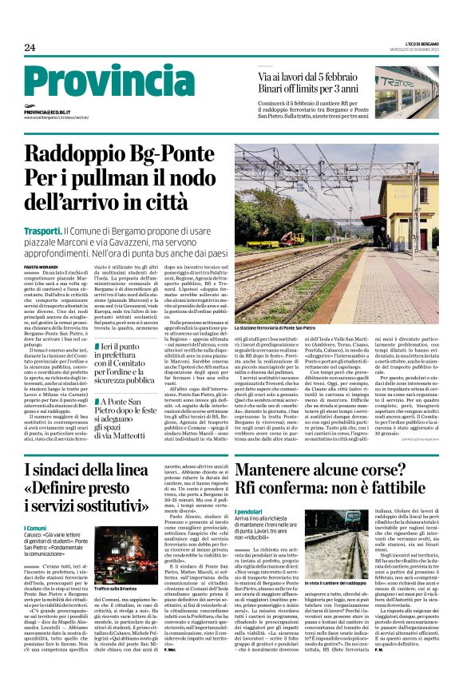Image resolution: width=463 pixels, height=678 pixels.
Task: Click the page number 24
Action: (30, 48)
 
